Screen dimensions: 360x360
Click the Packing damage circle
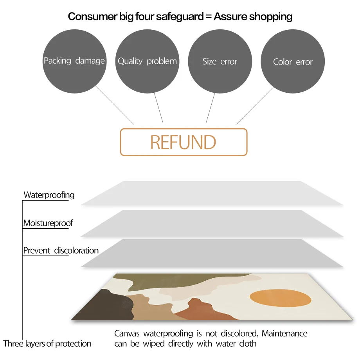click(74, 61)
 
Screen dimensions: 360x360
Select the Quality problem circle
click(147, 61)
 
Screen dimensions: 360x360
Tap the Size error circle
click(220, 61)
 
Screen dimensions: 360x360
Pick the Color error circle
click(293, 61)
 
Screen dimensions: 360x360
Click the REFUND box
click(184, 142)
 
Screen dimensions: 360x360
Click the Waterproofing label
click(49, 195)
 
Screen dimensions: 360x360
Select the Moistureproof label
click(48, 223)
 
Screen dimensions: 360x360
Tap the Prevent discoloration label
click(61, 250)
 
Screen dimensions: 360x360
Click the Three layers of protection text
click(47, 344)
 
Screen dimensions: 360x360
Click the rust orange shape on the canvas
click(203, 311)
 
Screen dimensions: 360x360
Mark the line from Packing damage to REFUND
click(114, 105)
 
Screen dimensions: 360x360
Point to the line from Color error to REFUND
click(255, 105)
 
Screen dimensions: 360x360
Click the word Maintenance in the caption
click(284, 334)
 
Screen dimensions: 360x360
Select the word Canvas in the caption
click(127, 334)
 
